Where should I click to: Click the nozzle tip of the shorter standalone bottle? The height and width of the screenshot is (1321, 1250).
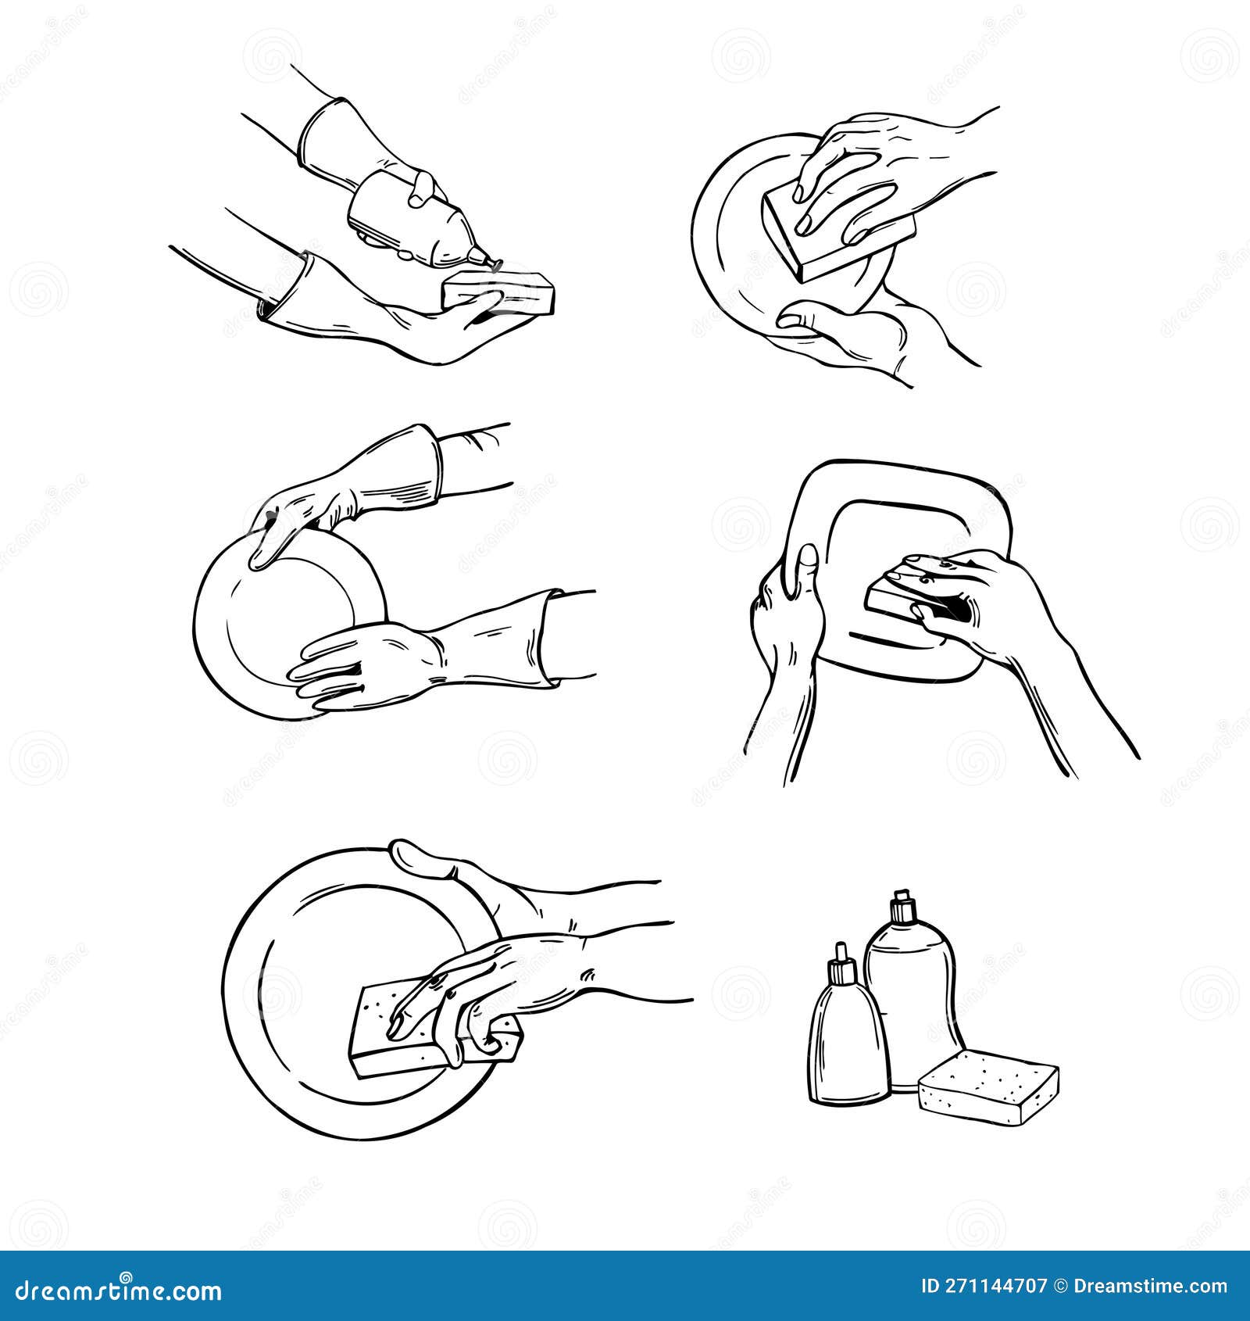pyautogui.click(x=841, y=949)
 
